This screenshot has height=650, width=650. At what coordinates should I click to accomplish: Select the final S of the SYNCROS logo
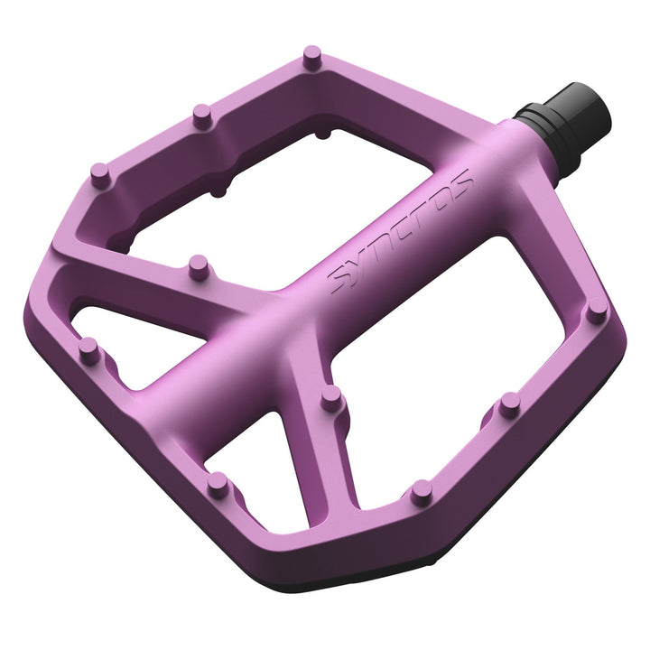[x=460, y=184]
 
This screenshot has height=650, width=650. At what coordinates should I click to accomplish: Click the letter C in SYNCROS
[x=397, y=234]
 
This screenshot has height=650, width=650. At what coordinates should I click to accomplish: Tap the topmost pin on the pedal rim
[x=311, y=57]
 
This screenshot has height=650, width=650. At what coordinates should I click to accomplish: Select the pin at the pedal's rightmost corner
[x=596, y=311]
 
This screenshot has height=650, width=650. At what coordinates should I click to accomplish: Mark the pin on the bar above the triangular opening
[x=198, y=265]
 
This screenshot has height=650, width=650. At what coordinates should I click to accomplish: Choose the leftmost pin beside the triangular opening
[x=88, y=348]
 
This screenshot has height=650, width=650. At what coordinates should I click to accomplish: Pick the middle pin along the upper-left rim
[x=202, y=115]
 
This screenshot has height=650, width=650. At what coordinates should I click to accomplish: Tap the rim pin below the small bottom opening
[x=217, y=484]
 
